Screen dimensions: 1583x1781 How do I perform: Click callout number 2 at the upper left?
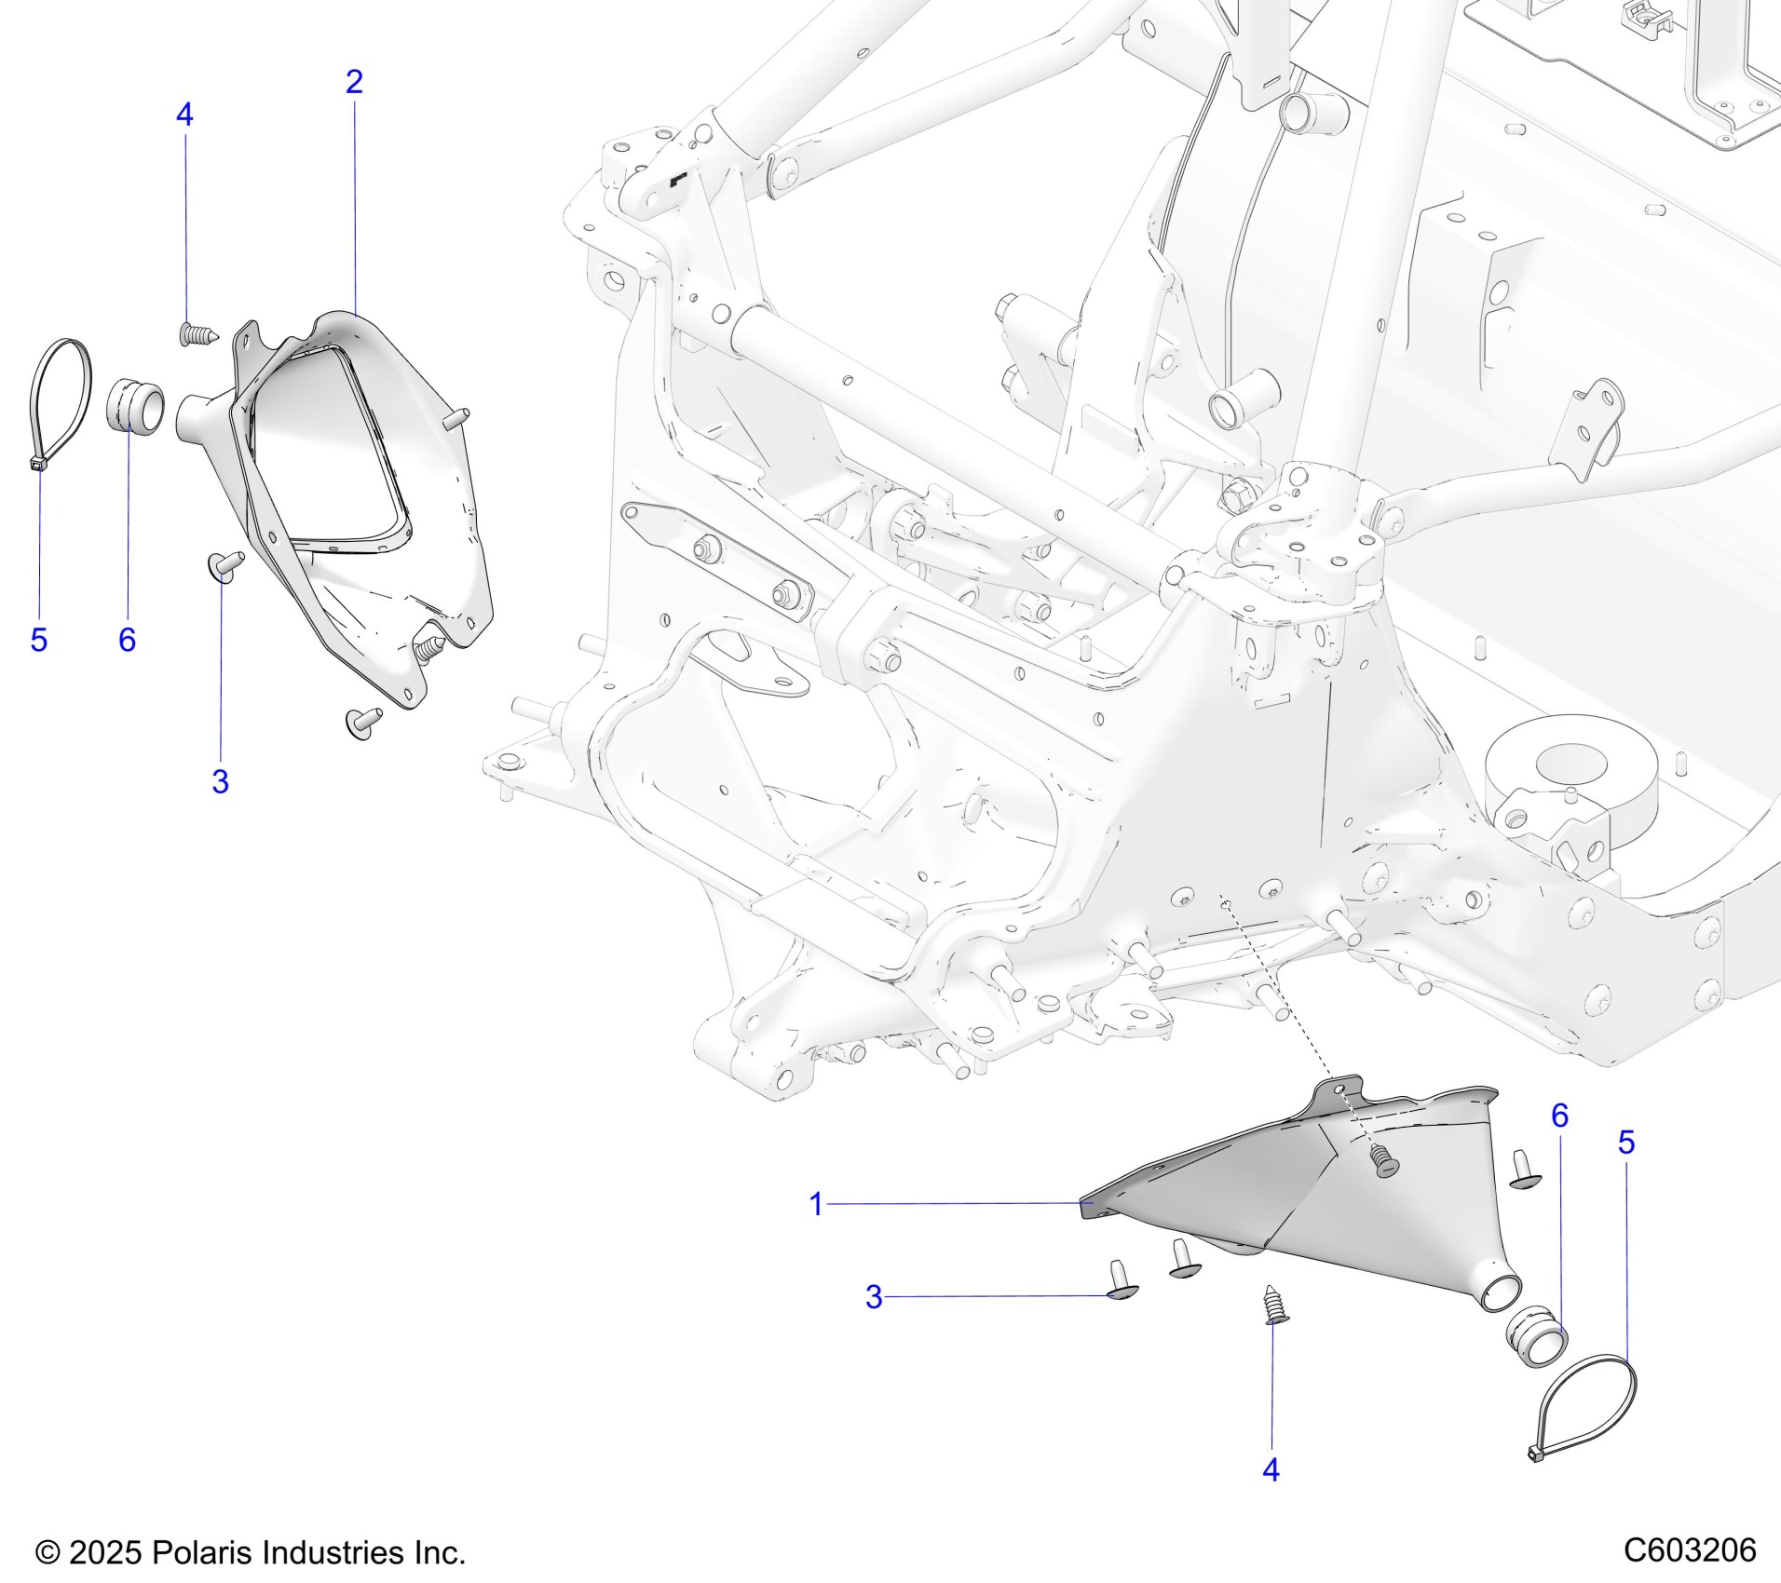click(x=354, y=83)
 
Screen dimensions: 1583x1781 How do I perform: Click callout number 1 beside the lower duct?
click(x=816, y=1204)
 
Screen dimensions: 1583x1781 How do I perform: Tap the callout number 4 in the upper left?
click(x=184, y=115)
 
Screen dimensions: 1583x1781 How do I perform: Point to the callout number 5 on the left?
click(x=38, y=641)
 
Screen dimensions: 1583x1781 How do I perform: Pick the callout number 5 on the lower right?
click(x=1626, y=1143)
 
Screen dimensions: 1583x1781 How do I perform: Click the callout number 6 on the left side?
click(x=127, y=641)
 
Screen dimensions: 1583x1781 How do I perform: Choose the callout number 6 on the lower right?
click(x=1559, y=1116)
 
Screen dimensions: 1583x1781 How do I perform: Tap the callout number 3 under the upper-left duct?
click(x=220, y=782)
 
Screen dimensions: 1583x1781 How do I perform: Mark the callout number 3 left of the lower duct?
click(x=873, y=1297)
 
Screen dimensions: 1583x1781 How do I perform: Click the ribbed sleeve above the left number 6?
click(x=139, y=405)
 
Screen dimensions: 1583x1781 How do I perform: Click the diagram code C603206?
click(x=1690, y=1551)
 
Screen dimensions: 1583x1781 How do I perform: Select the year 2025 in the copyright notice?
click(x=104, y=1553)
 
